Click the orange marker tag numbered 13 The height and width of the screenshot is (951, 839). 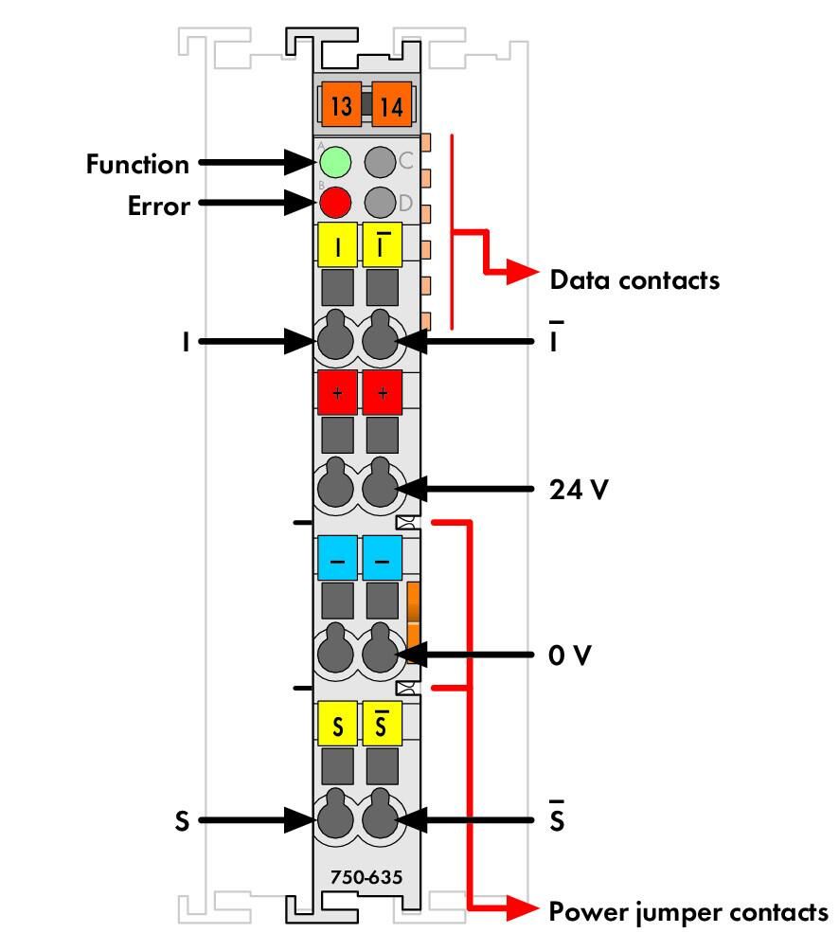click(x=341, y=105)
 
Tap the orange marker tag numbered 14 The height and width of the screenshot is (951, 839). click(x=392, y=105)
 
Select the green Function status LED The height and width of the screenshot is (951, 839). click(x=335, y=162)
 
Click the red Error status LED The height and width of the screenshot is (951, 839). click(x=335, y=203)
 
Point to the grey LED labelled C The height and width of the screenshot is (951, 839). click(x=380, y=162)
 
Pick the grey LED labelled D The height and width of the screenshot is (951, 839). click(x=380, y=203)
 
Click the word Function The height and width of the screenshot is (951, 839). click(x=137, y=165)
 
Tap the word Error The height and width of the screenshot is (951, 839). click(x=159, y=206)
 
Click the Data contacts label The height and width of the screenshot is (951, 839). click(x=634, y=280)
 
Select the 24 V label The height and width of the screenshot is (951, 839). click(x=579, y=490)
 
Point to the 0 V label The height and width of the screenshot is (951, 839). click(x=570, y=655)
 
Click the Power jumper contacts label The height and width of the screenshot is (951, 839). click(x=688, y=912)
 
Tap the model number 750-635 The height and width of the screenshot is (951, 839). click(x=366, y=877)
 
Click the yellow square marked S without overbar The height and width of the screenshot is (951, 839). click(x=338, y=724)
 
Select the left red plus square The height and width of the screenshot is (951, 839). click(x=338, y=392)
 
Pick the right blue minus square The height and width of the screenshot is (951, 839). click(x=382, y=558)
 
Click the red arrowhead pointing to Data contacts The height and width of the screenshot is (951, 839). click(x=521, y=272)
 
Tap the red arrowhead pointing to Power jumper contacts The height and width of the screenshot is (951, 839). click(x=521, y=908)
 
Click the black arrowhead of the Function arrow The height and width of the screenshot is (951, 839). click(x=300, y=162)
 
